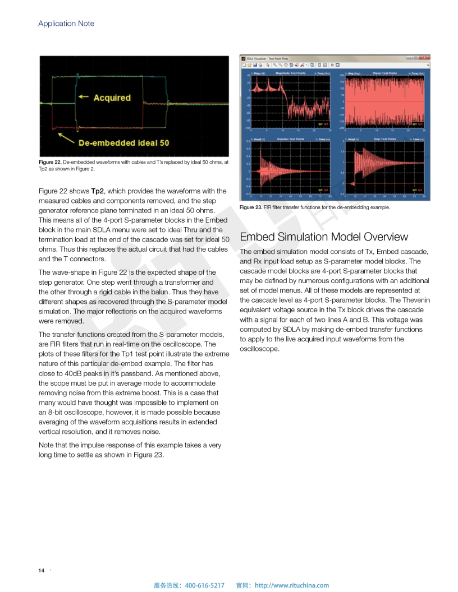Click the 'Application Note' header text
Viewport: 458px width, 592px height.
66,24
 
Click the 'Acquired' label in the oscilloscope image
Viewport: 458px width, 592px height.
112,98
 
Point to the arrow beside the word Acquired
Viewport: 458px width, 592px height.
84,97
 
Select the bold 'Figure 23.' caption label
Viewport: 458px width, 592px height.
251,207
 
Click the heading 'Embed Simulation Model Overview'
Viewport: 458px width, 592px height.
324,237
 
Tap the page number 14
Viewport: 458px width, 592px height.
41,571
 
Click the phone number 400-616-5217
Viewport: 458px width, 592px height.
204,585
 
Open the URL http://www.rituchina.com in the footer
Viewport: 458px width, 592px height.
292,585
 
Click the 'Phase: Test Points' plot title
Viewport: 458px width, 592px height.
384,73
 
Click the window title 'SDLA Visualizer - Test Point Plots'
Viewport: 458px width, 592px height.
268,58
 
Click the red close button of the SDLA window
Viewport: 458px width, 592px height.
427,58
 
